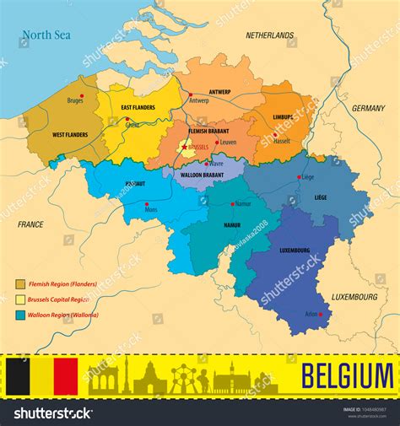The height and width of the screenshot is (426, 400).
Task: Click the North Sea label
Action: point(46,35)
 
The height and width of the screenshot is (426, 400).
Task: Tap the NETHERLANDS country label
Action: point(270,36)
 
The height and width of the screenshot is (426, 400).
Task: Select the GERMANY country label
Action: point(368,109)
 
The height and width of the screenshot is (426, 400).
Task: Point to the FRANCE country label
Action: point(30,224)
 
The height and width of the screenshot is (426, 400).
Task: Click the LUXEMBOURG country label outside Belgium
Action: point(354,297)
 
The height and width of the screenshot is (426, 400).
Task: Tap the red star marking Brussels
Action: point(185,148)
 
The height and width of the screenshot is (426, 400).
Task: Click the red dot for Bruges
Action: point(81,96)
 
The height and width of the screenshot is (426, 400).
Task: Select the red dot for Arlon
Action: point(320,315)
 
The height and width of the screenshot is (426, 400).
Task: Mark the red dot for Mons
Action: point(147,204)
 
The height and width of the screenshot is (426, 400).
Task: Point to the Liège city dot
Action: point(299,177)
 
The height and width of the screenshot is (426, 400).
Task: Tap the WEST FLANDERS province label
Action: point(70,135)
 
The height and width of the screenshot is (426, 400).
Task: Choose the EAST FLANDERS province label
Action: point(138,108)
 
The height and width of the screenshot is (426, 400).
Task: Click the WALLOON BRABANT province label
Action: point(200,175)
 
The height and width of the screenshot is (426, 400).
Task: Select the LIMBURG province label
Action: point(283,117)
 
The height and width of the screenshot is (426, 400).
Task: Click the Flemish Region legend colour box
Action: point(20,285)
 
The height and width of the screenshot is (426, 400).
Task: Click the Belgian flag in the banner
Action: point(41,375)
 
